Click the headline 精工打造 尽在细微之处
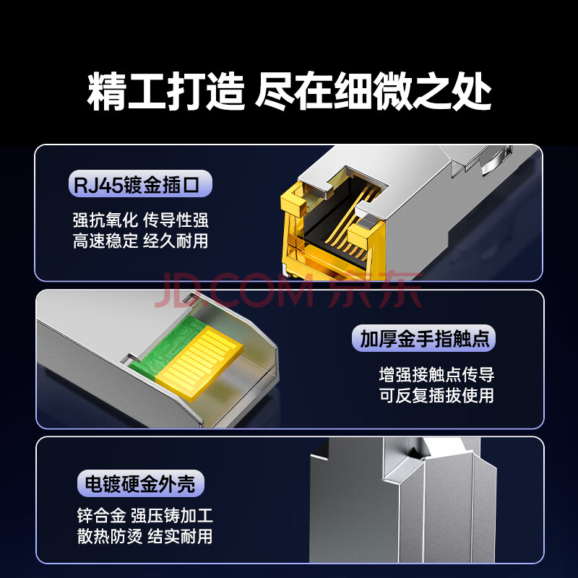290,91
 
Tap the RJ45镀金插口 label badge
140,184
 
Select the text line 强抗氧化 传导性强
140,220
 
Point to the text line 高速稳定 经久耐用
140,241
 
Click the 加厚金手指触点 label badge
423,338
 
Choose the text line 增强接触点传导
436,374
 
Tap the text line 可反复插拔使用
436,395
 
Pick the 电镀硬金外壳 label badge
140,483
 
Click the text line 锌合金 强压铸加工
145,515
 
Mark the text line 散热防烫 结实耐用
145,536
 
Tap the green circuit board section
166,345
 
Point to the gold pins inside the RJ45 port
350,221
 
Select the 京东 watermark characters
375,290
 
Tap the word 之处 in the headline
452,91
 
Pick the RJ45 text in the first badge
98,185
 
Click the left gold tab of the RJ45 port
293,204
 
